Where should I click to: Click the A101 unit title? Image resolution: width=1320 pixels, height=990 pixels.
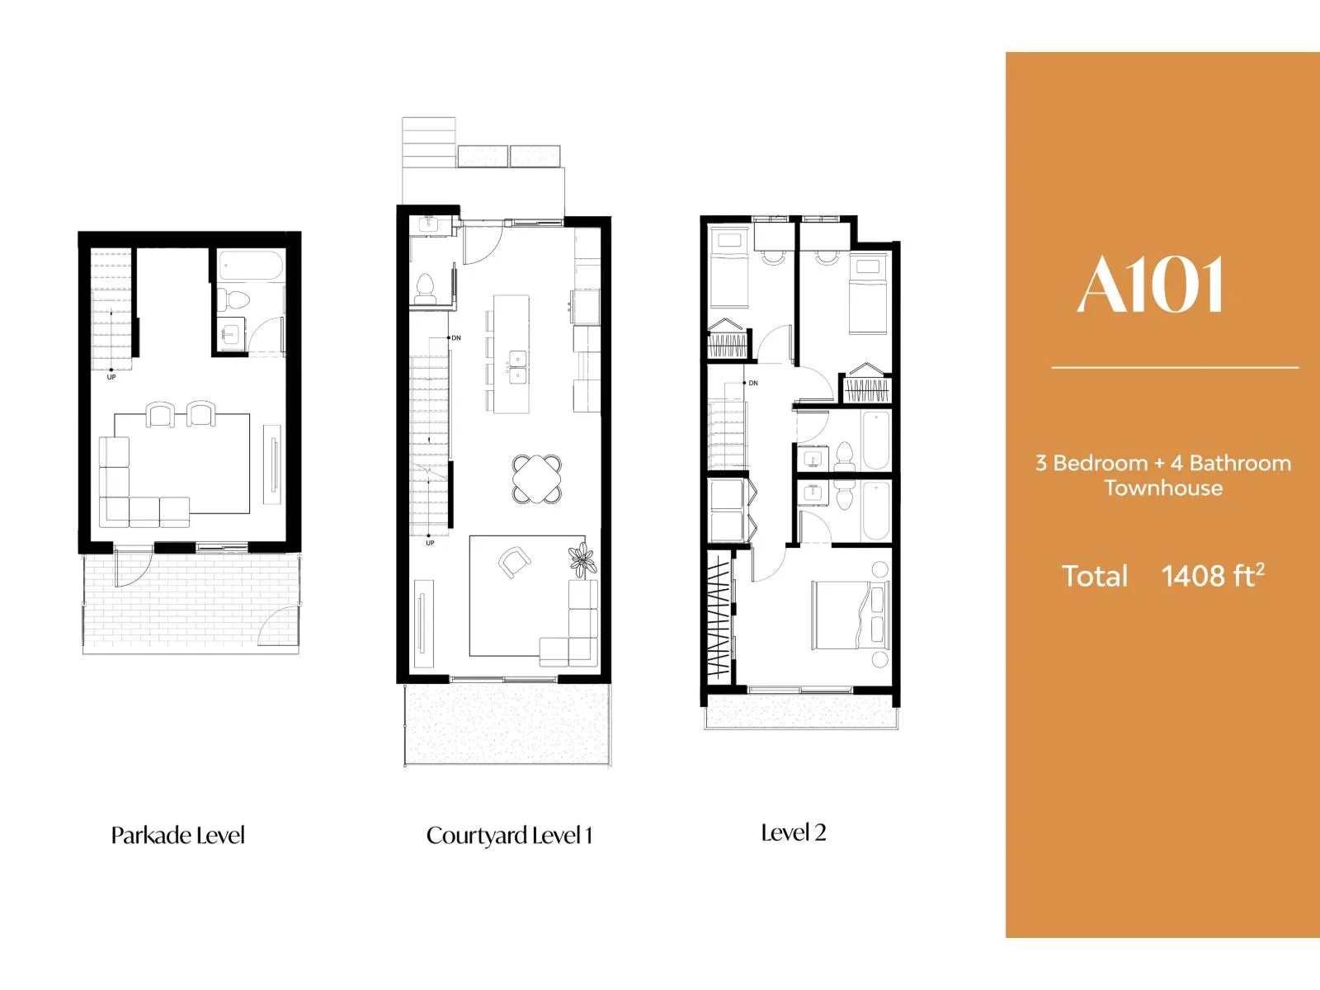(1149, 285)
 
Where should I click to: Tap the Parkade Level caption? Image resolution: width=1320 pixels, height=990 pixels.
(178, 836)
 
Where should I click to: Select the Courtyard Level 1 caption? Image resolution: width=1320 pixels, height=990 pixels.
(509, 836)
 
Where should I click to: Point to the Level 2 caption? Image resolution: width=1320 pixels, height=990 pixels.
(793, 833)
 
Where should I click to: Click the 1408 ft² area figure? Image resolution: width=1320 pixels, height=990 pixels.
(1213, 576)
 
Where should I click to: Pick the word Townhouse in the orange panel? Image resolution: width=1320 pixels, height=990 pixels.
(1163, 488)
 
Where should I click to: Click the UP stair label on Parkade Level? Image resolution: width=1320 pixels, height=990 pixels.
(111, 378)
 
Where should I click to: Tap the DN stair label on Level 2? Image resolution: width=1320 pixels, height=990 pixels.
(753, 383)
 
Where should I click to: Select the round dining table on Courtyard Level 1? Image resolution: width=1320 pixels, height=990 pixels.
(537, 479)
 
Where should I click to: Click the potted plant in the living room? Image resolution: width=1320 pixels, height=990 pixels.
(582, 559)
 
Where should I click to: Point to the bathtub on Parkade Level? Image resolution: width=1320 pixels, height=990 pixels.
(251, 266)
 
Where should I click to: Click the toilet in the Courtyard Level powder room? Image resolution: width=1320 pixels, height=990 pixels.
(425, 289)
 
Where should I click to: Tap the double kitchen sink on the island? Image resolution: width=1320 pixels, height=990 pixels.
(517, 368)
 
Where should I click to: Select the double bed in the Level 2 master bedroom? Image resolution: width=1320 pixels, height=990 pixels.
(851, 615)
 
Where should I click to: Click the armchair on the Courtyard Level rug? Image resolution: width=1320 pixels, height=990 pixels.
(514, 562)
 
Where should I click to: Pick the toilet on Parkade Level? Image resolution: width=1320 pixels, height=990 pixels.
(233, 298)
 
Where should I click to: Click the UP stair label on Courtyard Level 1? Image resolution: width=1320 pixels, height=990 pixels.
(430, 544)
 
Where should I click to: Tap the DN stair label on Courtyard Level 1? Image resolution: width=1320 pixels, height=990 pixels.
(456, 338)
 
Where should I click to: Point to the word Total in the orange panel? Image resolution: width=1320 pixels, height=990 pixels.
(1095, 576)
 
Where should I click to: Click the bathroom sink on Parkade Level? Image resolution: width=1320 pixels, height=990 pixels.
(229, 333)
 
